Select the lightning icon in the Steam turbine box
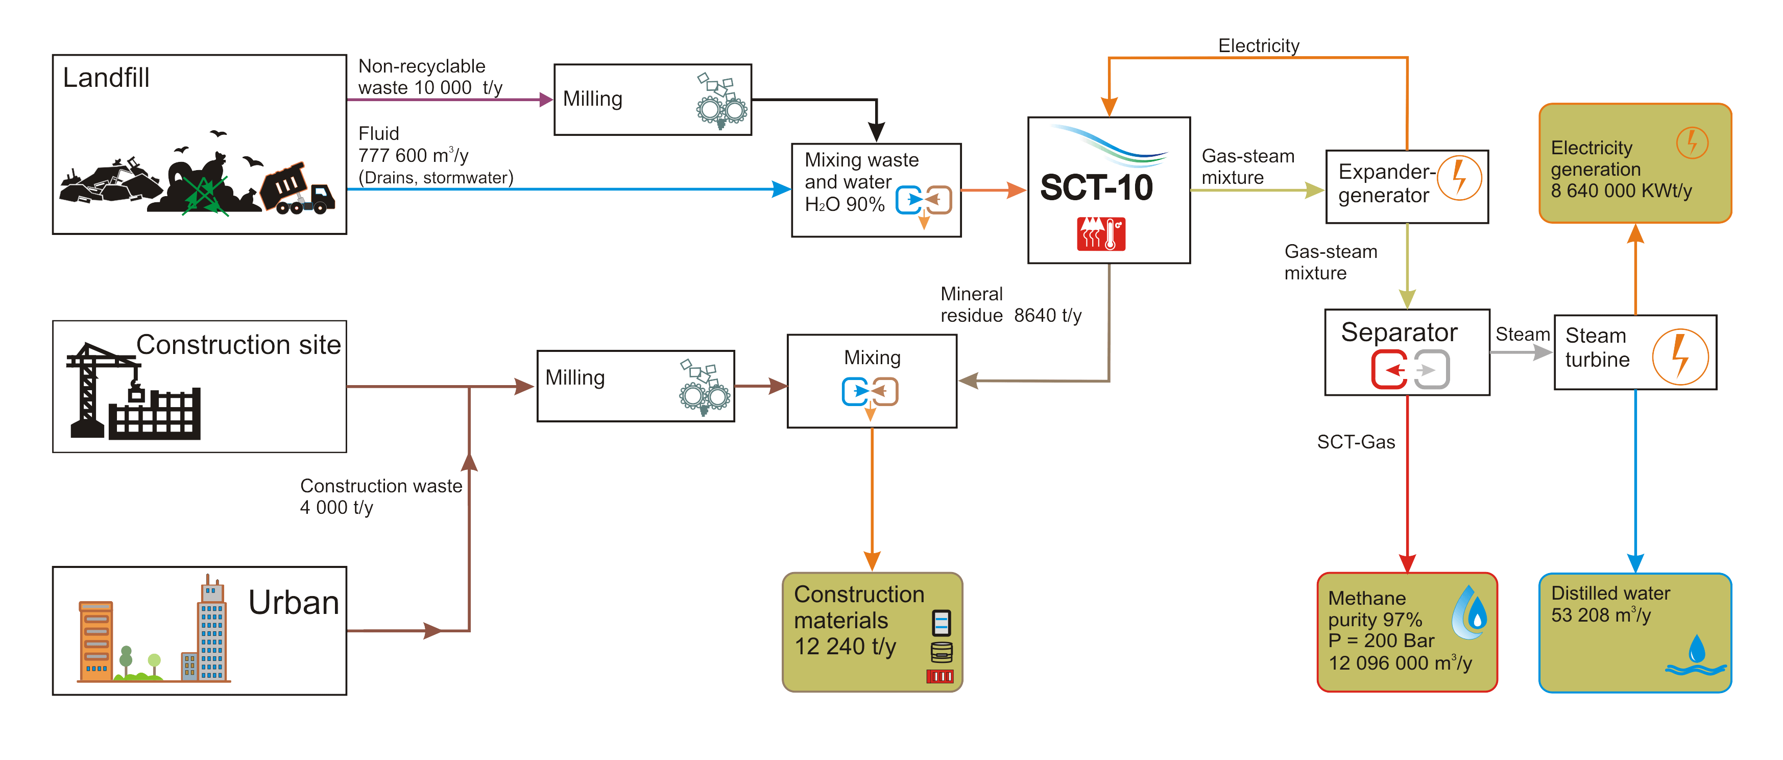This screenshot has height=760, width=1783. point(1680,357)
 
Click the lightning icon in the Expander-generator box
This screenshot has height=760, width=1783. point(1459,177)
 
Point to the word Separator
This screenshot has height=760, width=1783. point(1399,332)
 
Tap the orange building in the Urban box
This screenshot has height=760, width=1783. point(96,640)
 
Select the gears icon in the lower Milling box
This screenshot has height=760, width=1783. point(704,388)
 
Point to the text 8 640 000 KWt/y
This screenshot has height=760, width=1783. point(1621,191)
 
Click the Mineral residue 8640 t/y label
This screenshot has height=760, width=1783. point(1010,304)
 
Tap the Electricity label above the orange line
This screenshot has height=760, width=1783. point(1258,45)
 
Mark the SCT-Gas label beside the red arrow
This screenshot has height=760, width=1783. point(1355,442)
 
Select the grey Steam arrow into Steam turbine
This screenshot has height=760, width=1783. point(1522,352)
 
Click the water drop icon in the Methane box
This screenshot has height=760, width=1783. point(1469,612)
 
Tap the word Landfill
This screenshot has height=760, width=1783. point(106,78)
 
